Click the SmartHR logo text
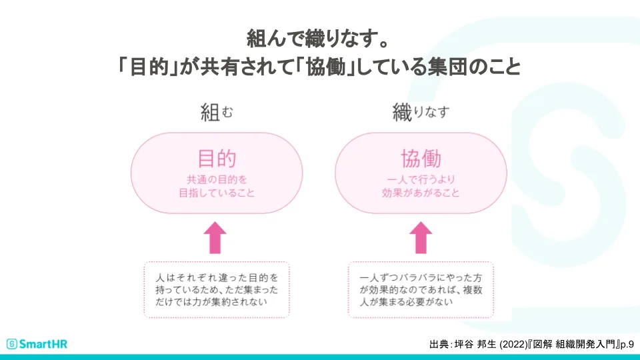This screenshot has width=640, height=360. pos(43,344)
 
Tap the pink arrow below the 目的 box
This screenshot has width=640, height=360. pos(214,239)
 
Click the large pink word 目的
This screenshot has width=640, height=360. pos(217,159)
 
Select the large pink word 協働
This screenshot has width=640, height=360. pos(421,159)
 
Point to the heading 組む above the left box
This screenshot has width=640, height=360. pos(217,112)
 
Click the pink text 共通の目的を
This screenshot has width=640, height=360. pos(217,179)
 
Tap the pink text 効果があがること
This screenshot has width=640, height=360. pos(421,193)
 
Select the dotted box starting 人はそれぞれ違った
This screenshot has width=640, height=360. pos(217,289)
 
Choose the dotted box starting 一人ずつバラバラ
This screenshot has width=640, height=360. pos(421,289)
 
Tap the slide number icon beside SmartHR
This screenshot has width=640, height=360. pos(11,344)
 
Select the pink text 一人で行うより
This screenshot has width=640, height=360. pos(421,179)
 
